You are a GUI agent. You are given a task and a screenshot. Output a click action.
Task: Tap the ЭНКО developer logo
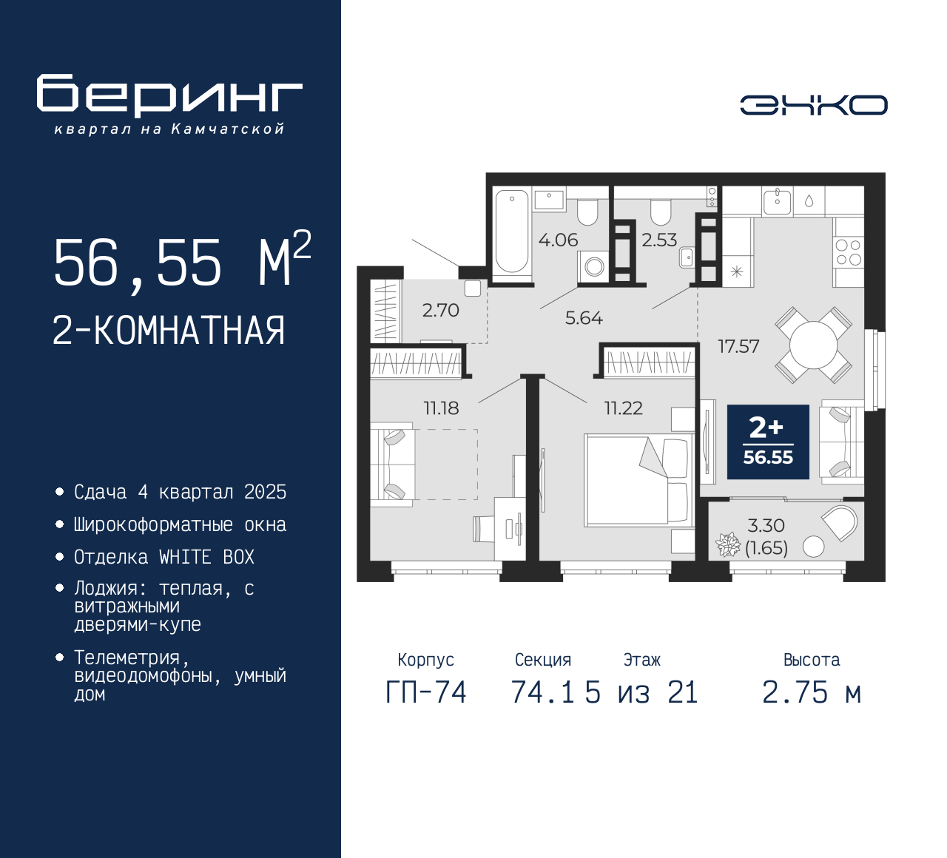click(814, 105)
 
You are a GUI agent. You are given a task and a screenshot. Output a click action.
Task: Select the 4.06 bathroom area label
click(558, 240)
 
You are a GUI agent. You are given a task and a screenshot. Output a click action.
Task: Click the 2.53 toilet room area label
click(659, 240)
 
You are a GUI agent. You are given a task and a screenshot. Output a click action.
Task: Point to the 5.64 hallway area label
click(584, 318)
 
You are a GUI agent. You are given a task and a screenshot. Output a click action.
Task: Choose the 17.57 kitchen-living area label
click(739, 346)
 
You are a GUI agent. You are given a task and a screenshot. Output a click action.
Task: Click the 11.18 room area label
click(442, 408)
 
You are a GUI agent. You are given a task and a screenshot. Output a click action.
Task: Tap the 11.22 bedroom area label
click(624, 408)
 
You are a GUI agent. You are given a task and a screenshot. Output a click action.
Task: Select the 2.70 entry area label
click(440, 311)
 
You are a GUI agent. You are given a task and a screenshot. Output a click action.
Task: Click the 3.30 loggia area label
click(766, 525)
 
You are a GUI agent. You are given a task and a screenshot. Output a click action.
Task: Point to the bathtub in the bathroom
click(512, 232)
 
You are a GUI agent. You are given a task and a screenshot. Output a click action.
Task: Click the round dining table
click(813, 345)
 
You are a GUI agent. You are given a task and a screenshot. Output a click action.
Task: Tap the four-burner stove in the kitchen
click(849, 252)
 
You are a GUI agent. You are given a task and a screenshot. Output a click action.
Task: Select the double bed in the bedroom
click(638, 481)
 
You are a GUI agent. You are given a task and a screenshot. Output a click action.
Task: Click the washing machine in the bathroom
click(594, 267)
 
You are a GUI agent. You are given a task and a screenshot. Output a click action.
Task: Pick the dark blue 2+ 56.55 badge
click(768, 442)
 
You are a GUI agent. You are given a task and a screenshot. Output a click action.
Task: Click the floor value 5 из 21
click(641, 693)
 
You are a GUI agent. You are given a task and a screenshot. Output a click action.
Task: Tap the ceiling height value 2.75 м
click(812, 693)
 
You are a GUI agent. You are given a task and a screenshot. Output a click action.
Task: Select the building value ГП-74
click(426, 693)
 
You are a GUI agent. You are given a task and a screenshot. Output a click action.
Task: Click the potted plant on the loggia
click(727, 544)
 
